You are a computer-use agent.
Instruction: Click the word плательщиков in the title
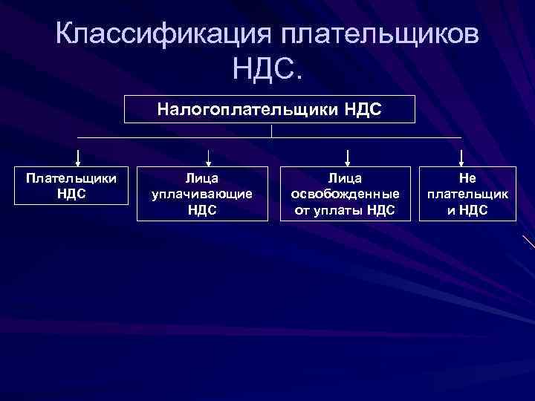(378, 36)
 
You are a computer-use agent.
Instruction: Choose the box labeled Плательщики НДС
(71, 186)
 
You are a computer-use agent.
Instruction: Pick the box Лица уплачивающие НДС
(202, 194)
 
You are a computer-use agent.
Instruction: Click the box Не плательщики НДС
(467, 194)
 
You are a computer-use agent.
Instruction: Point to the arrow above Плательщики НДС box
(78, 157)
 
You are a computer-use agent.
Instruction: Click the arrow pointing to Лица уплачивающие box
(209, 157)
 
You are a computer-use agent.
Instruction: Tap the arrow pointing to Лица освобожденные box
(348, 157)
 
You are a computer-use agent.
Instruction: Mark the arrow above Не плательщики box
(462, 157)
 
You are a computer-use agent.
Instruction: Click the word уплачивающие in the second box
(202, 194)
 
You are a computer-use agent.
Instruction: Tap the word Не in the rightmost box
(467, 178)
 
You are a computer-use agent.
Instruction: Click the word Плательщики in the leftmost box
(71, 179)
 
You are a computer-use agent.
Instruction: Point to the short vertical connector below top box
(272, 131)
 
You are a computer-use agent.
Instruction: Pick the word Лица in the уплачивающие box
(202, 178)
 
